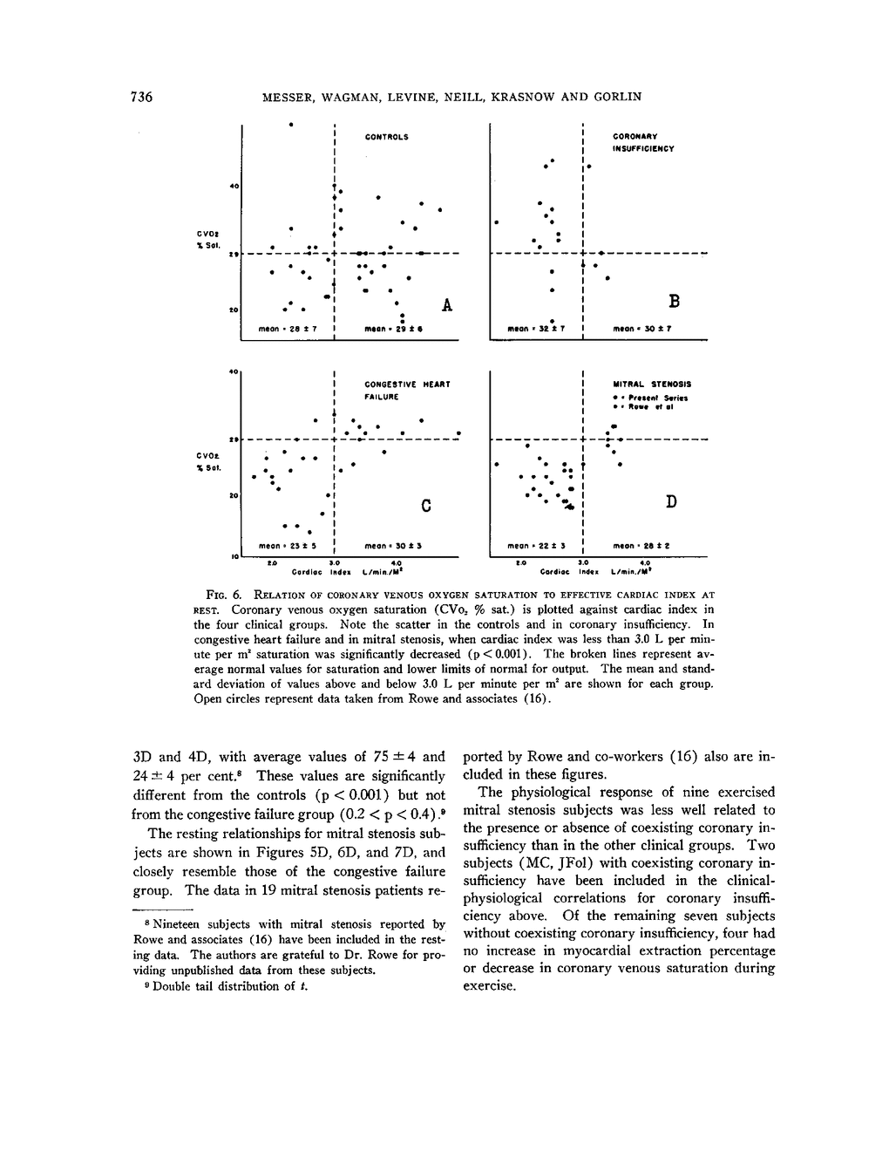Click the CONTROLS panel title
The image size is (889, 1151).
[386, 137]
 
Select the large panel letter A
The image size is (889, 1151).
[447, 304]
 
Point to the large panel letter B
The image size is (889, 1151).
[673, 302]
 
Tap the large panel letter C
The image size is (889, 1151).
[426, 505]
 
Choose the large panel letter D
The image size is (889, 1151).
[671, 501]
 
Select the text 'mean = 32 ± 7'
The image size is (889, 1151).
[537, 330]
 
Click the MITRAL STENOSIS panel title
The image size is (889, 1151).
[652, 384]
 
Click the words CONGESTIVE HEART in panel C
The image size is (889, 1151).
[407, 384]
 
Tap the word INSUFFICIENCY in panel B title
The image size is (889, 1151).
[643, 148]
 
